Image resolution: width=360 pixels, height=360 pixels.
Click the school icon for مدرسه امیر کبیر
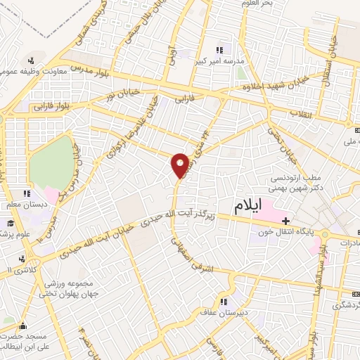(219, 50)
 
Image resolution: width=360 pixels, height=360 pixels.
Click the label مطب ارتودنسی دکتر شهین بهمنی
(305, 184)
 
